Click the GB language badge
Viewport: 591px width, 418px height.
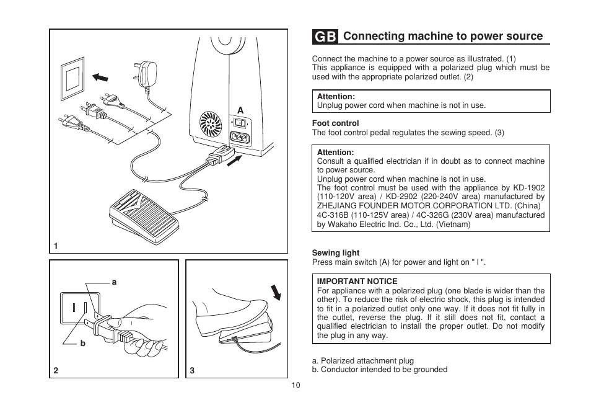pyautogui.click(x=325, y=37)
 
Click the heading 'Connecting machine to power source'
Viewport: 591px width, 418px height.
pyautogui.click(x=443, y=37)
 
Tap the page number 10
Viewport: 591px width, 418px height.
pyautogui.click(x=295, y=385)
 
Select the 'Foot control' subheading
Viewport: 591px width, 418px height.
pyautogui.click(x=335, y=123)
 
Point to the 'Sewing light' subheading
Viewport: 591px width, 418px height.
pyautogui.click(x=335, y=253)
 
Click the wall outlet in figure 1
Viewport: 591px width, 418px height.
pyautogui.click(x=72, y=78)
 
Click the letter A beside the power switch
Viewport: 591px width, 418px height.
pyautogui.click(x=241, y=110)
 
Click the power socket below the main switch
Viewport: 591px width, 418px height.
pyautogui.click(x=241, y=138)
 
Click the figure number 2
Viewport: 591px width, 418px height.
pyautogui.click(x=56, y=370)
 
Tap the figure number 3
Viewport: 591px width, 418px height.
pyautogui.click(x=192, y=370)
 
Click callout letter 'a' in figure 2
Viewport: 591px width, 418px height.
pyautogui.click(x=114, y=282)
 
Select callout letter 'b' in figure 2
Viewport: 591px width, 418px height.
pyautogui.click(x=82, y=343)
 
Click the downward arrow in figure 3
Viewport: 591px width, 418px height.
pyautogui.click(x=276, y=290)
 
